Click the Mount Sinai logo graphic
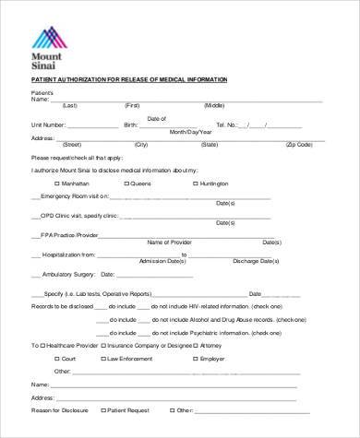tap(48, 36)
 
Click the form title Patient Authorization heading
tap(128, 80)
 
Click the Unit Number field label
tap(47, 124)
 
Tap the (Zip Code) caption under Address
tap(299, 145)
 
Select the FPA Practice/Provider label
tap(70, 235)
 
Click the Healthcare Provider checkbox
tap(43, 346)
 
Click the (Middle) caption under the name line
tap(214, 105)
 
